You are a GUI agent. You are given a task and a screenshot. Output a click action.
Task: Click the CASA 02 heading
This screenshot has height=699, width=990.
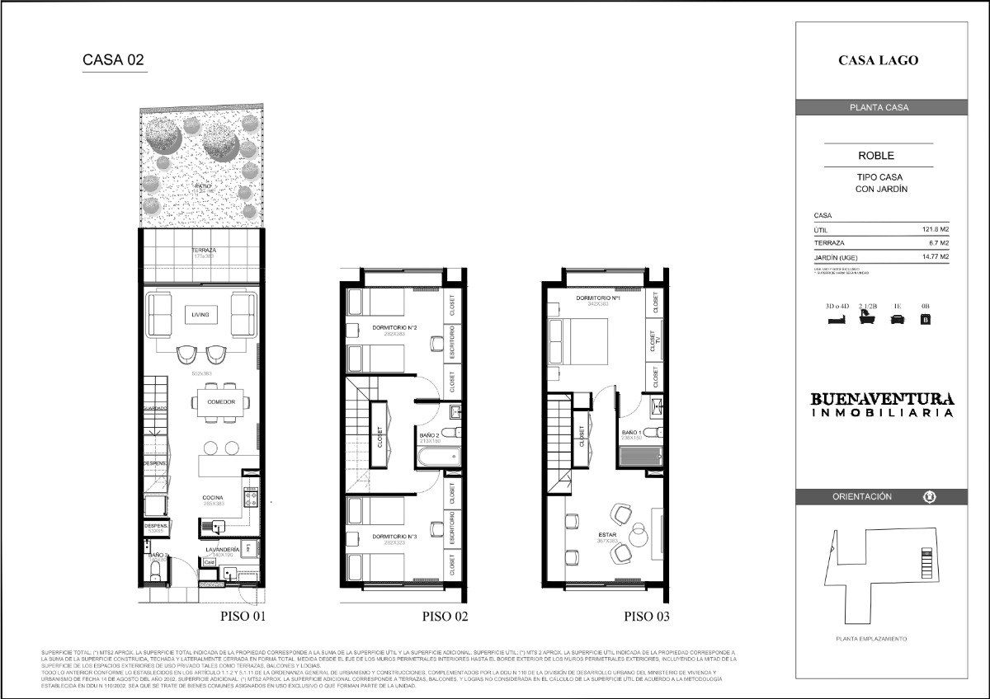[x=114, y=60]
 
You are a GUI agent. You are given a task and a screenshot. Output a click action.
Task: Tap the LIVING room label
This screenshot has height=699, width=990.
[x=201, y=315]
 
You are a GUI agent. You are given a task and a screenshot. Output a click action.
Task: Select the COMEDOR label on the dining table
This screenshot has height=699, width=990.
[x=221, y=402]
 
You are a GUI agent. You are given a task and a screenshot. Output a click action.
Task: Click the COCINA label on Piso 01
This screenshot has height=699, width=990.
[x=214, y=498]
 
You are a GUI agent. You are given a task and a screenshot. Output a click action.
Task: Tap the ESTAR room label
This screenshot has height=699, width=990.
[x=606, y=534]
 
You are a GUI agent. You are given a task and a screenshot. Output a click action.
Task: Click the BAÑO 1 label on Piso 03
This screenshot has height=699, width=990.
[x=633, y=432]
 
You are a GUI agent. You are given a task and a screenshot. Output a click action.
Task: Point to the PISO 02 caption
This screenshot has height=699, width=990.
[x=445, y=616]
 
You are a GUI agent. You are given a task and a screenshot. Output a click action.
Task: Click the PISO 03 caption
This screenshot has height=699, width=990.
[x=646, y=616]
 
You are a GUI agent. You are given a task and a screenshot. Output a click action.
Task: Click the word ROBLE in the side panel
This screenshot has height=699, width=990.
[x=876, y=155]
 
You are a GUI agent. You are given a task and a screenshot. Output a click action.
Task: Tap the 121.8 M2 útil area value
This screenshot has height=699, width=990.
[x=935, y=230]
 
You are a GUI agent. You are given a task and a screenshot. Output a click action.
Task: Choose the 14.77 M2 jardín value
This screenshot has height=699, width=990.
[x=932, y=257]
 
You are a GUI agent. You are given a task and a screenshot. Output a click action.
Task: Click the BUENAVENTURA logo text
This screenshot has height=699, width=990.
[x=883, y=399]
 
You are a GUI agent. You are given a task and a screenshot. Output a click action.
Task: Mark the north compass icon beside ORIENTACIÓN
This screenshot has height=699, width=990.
[x=929, y=497]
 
